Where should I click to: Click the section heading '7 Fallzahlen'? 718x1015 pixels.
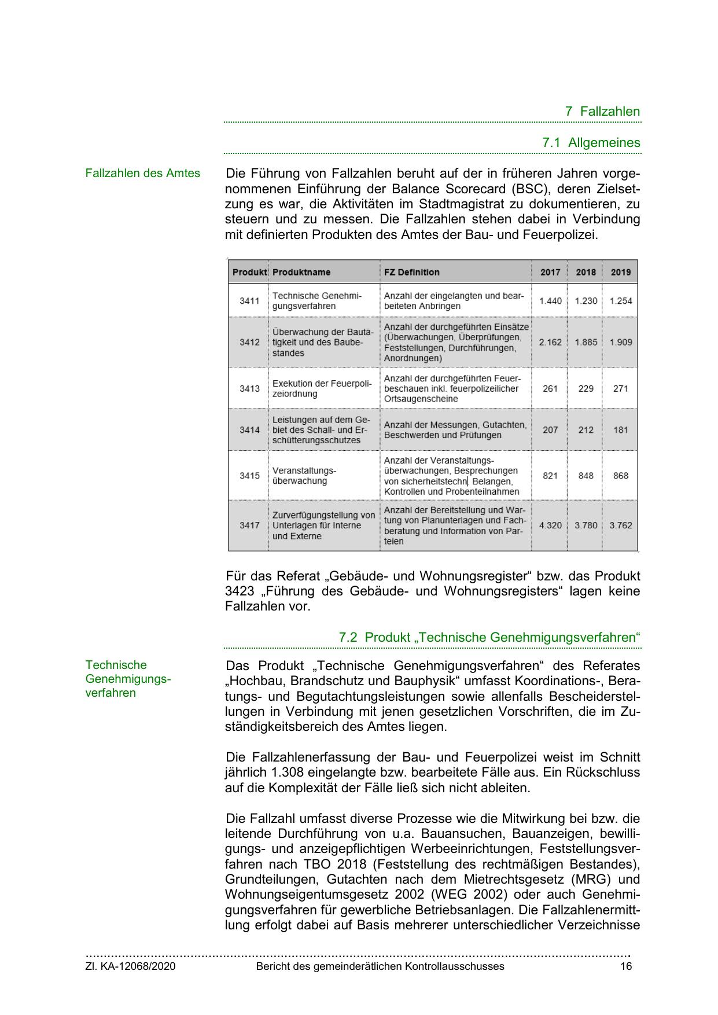coord(602,111)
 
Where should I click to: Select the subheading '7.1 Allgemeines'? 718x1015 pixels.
coord(591,142)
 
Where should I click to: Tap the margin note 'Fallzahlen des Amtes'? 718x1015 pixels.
coord(142,173)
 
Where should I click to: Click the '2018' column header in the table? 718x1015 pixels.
coord(586,272)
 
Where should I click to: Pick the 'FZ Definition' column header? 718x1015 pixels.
coord(411,272)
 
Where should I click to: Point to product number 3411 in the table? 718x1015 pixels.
coord(249,301)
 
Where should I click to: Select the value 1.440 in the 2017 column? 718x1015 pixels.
coord(550,301)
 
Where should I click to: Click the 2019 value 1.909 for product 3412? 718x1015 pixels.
coord(620,342)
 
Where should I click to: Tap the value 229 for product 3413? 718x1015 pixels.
coord(586,388)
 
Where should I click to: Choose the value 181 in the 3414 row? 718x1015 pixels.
coord(620,430)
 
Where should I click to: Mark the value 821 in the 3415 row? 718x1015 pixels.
coord(550,476)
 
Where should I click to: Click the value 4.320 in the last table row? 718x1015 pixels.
coord(550,525)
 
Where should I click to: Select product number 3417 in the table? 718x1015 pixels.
coord(249,525)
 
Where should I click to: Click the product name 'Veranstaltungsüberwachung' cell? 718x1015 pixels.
coord(304,476)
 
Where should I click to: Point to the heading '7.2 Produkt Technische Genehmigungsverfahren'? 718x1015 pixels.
coord(489,637)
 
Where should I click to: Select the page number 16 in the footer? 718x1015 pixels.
coord(626,966)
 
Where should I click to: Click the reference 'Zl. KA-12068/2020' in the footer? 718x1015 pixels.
coord(130,966)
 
